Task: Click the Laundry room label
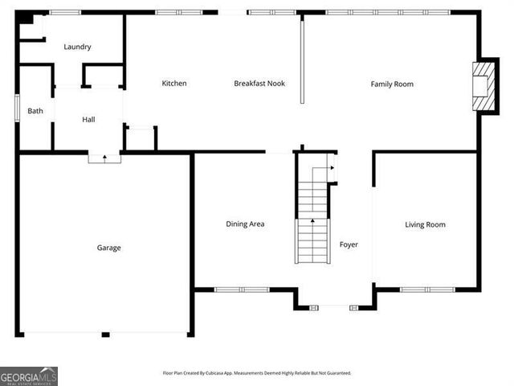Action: [77, 47]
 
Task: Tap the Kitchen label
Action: [174, 84]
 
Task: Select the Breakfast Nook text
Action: [259, 84]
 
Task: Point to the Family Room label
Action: [392, 84]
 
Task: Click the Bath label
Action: [35, 111]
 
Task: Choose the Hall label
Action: [88, 120]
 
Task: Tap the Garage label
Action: [109, 248]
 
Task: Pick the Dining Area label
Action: [245, 224]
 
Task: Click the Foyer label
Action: [349, 244]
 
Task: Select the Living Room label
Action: [425, 224]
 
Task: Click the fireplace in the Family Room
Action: [482, 86]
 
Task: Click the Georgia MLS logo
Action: [29, 376]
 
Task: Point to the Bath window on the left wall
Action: [17, 109]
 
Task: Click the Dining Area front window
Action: [241, 289]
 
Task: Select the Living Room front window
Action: [427, 289]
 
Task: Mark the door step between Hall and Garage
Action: [104, 158]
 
